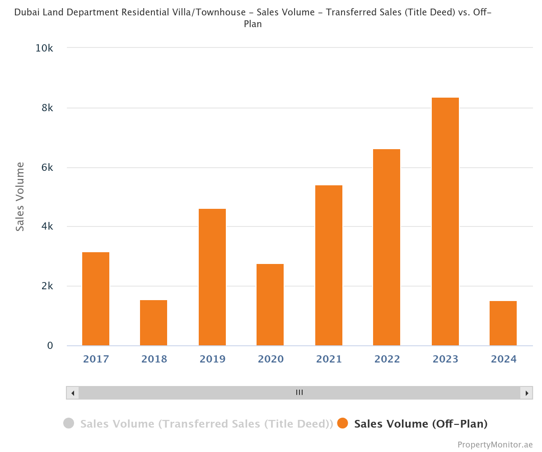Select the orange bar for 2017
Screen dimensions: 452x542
96,299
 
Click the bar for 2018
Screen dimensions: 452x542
154,323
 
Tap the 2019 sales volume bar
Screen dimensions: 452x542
212,277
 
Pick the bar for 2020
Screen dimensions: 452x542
270,305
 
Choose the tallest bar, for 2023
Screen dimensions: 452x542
445,221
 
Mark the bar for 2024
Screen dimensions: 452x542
503,323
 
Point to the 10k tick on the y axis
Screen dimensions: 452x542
44,48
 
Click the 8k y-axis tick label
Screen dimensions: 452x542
47,108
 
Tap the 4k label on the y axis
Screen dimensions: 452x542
47,226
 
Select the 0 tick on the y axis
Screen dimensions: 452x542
50,346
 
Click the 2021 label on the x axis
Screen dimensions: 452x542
329,359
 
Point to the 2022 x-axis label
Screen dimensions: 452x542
387,359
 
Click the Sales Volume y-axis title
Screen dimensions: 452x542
20,197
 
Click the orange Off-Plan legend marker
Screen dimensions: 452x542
343,424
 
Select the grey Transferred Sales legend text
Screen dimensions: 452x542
206,424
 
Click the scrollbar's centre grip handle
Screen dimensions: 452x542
299,392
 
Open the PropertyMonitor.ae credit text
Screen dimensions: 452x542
495,445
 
